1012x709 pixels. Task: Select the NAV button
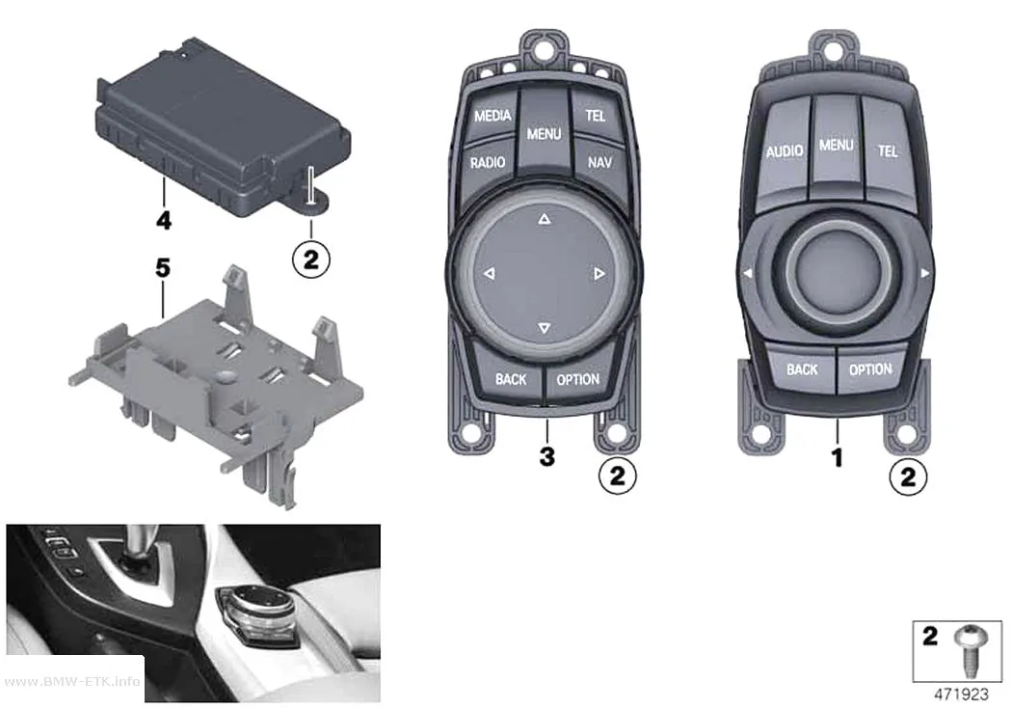(599, 162)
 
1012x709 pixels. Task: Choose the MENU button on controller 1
(837, 146)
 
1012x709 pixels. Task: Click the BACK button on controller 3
(511, 378)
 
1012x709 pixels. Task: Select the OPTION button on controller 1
(870, 370)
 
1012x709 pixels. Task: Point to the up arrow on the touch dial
(545, 220)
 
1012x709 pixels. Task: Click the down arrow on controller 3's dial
(545, 329)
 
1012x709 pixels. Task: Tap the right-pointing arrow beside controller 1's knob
(925, 274)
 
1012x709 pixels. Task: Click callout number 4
(164, 220)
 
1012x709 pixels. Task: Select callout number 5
(163, 267)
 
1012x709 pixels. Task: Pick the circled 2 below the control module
(311, 259)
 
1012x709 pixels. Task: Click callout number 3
(546, 456)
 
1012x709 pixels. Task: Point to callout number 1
(838, 458)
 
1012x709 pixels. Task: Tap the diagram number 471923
(961, 695)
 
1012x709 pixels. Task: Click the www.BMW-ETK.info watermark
(71, 681)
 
